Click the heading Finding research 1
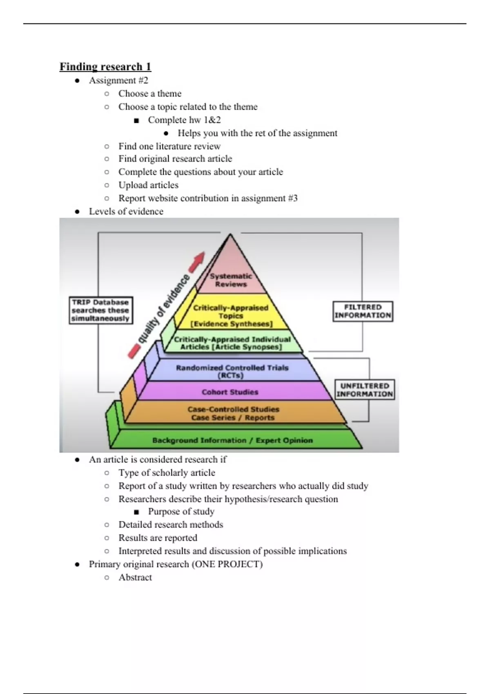pos(105,67)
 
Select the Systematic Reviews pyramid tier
pos(231,280)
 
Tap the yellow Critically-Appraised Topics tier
pos(231,316)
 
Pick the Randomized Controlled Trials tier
pos(232,371)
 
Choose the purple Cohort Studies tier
pos(230,392)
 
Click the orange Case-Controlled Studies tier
pos(233,413)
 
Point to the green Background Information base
pos(233,440)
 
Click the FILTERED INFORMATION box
pos(363,311)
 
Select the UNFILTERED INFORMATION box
pos(365,390)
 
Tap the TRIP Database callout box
pos(100,310)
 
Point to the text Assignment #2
pos(118,80)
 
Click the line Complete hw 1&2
pos(184,120)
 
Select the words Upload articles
pos(148,185)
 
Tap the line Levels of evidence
pos(126,211)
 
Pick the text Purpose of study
pos(181,512)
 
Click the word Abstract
pos(135,577)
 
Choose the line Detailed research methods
pos(171,525)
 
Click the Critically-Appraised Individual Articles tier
pos(232,343)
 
